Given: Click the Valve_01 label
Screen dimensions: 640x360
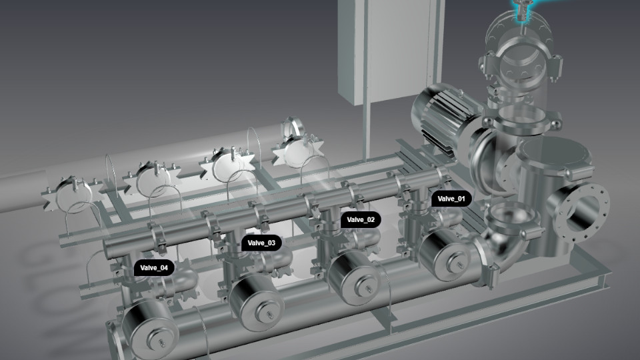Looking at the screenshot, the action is click(x=451, y=199).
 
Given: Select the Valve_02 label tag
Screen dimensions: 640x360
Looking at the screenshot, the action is click(x=361, y=219).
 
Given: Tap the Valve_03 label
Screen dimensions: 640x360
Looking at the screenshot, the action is click(x=261, y=243).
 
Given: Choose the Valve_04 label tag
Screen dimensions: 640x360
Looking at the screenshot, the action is click(x=154, y=268).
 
